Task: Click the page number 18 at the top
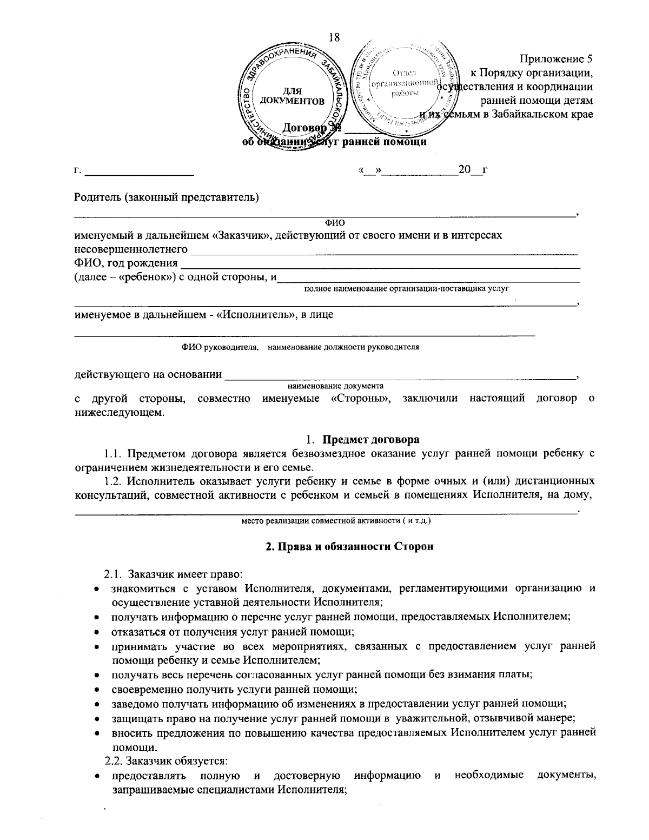pyautogui.click(x=334, y=37)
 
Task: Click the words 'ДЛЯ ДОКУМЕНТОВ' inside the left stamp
pyautogui.click(x=292, y=96)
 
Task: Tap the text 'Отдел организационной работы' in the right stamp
pyautogui.click(x=405, y=83)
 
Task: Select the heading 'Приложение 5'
pyautogui.click(x=557, y=59)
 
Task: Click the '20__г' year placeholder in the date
pyautogui.click(x=472, y=170)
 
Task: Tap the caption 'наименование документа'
pyautogui.click(x=335, y=386)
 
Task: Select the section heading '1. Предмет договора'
pyautogui.click(x=362, y=439)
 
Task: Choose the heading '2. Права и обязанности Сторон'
pyautogui.click(x=349, y=546)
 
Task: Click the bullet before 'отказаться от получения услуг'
pyautogui.click(x=96, y=632)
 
